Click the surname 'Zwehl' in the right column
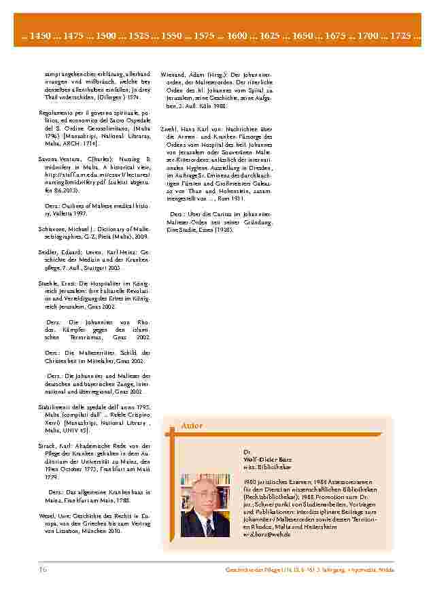tap(170, 128)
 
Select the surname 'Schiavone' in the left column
tap(52, 229)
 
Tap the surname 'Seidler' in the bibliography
tap(48, 252)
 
